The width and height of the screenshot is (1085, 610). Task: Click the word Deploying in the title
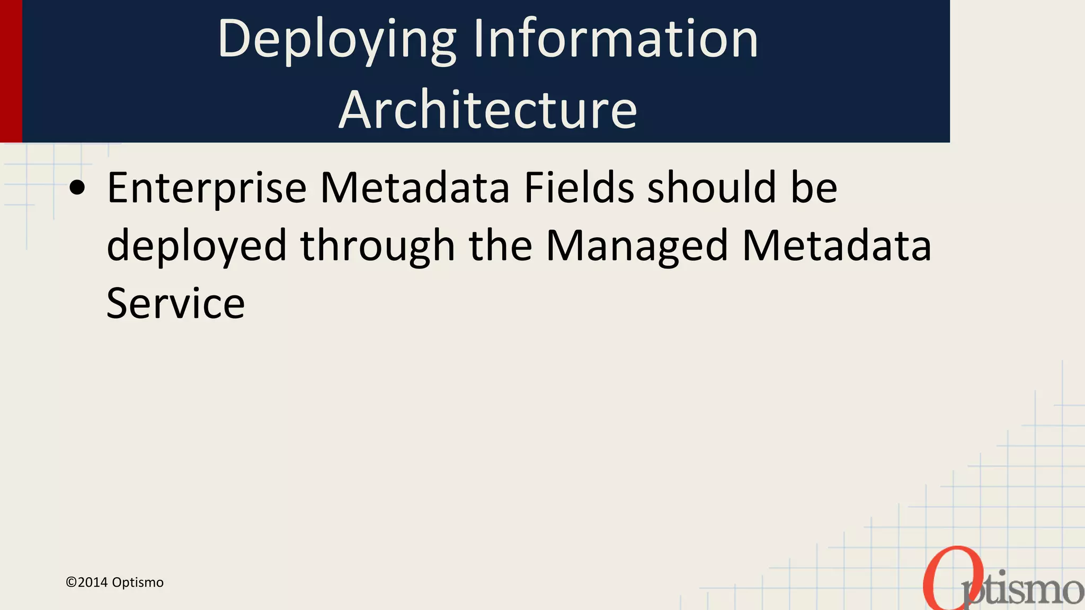point(337,40)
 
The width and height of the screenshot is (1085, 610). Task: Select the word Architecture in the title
point(488,110)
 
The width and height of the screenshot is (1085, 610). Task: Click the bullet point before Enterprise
point(77,189)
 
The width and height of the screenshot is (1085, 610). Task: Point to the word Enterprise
point(207,189)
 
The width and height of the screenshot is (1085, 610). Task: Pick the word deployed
point(197,247)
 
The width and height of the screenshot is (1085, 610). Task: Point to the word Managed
point(637,247)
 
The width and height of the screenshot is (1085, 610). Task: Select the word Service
point(175,303)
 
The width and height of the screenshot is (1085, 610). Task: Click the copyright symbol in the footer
point(71,582)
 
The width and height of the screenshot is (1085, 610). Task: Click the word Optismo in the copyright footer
point(138,582)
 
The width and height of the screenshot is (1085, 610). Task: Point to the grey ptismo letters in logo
point(1025,591)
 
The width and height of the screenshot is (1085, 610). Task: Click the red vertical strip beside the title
point(11,71)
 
